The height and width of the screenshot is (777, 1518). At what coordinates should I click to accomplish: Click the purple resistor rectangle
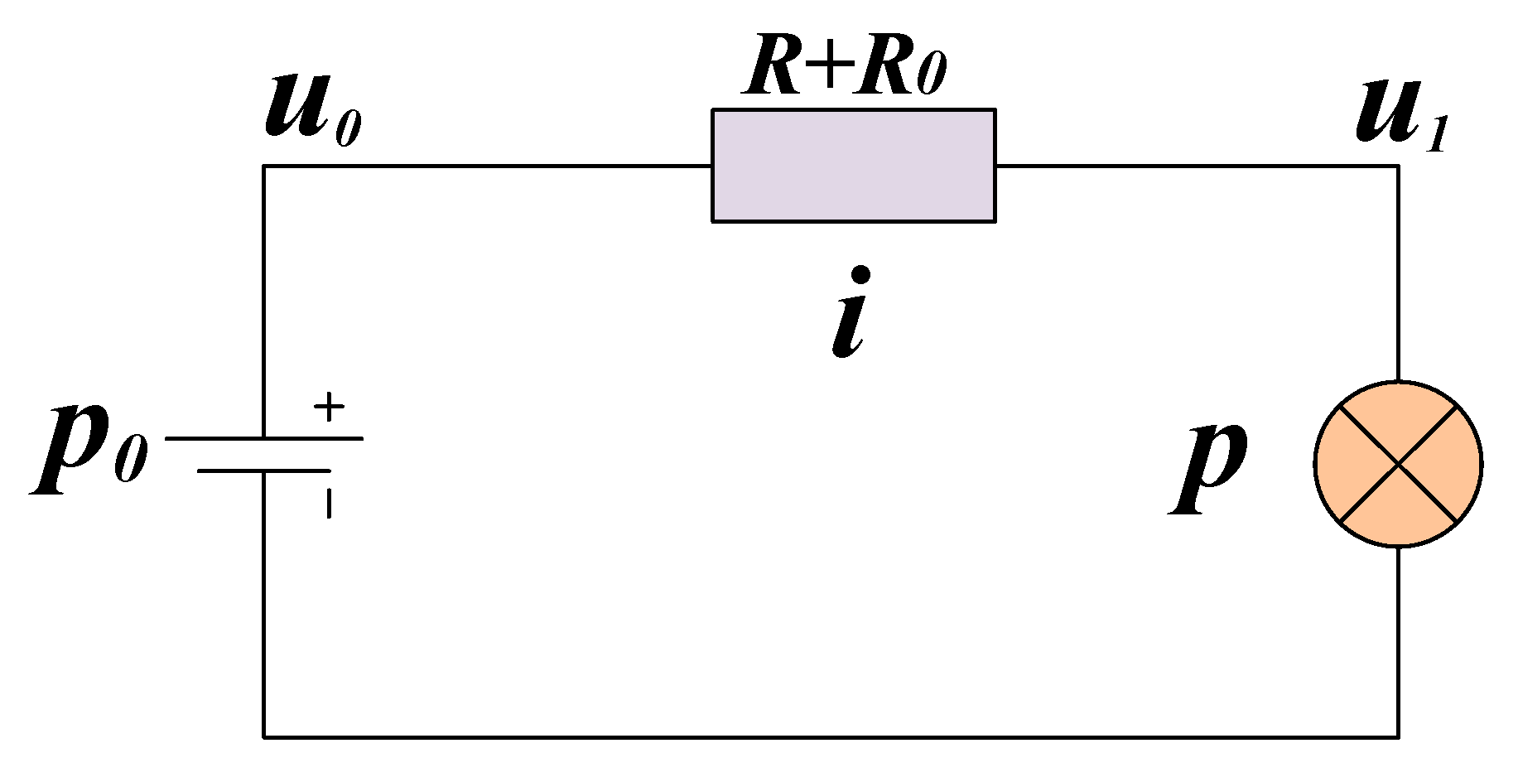853,166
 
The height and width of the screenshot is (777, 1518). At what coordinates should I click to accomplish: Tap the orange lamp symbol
1398,464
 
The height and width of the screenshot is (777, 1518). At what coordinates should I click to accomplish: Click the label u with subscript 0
311,112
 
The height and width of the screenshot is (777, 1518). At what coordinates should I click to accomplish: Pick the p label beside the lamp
1209,468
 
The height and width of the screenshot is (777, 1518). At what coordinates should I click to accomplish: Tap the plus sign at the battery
329,407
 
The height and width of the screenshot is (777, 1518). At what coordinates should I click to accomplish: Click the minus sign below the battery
329,503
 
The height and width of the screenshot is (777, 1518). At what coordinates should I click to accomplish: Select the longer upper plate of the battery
264,438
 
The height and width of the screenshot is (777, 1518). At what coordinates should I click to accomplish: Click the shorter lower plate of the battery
264,471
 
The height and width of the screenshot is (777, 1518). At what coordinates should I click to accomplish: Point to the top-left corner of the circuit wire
264,166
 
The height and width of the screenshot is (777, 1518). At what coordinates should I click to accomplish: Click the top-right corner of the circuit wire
1399,166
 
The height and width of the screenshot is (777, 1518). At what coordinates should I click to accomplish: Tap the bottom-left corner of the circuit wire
264,736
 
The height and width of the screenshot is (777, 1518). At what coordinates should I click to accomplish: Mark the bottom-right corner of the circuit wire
1399,736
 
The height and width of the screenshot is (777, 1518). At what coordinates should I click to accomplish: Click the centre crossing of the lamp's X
1398,464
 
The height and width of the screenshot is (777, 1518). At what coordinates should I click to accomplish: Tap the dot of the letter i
861,274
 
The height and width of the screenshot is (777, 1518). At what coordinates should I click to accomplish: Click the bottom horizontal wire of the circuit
828,736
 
